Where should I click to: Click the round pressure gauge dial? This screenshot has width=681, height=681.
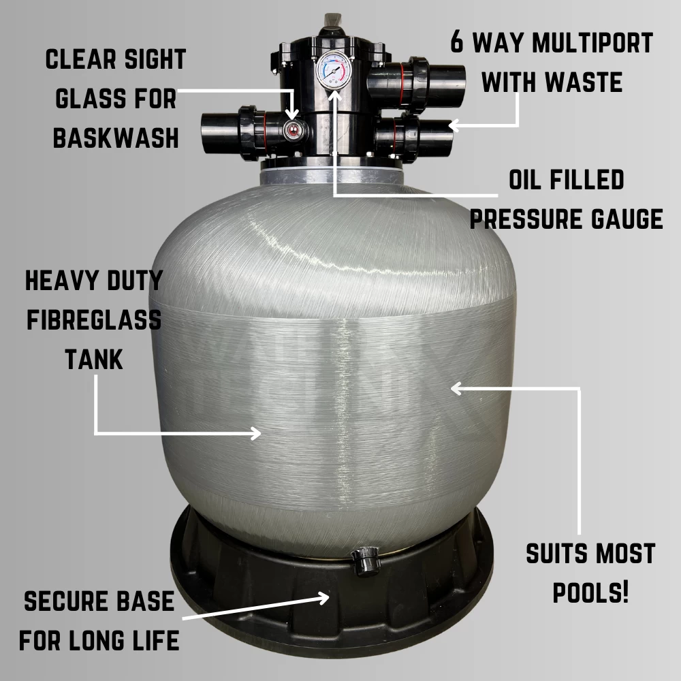point(334,71)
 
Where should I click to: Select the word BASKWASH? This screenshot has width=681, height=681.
point(116,138)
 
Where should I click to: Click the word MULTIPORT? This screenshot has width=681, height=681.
point(593,42)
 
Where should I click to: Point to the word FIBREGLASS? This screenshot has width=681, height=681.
point(94,320)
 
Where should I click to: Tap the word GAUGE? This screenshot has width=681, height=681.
point(627,219)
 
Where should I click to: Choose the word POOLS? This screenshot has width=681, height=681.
point(590,592)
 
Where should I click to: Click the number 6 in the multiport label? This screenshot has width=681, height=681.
point(457,42)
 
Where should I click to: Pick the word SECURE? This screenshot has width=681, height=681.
point(64,601)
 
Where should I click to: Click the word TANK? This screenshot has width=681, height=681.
point(94,359)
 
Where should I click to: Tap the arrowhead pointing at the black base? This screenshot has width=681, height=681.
point(323,598)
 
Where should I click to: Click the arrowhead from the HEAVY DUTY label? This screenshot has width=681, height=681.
point(255,432)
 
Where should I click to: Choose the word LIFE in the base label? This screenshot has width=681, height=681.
point(156,640)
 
